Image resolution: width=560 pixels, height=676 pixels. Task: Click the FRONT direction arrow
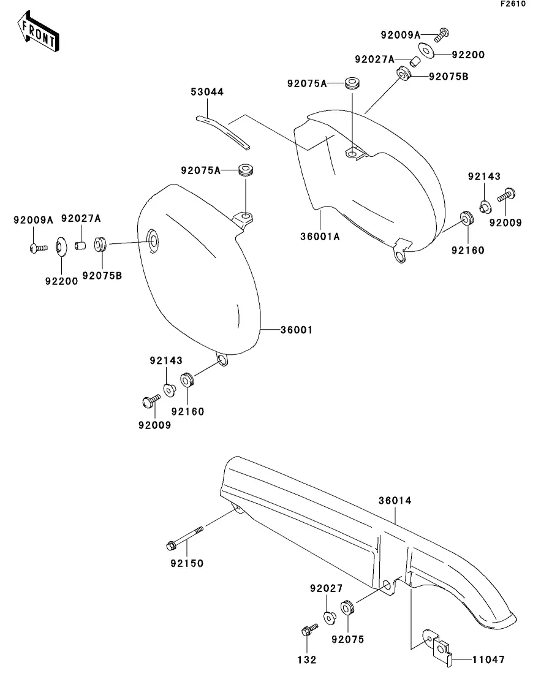click(x=39, y=31)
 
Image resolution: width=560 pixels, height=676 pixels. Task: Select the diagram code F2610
click(x=513, y=4)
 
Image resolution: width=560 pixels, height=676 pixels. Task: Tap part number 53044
click(x=207, y=92)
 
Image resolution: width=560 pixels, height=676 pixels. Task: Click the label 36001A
click(x=320, y=237)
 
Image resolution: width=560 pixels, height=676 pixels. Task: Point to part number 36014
click(x=395, y=501)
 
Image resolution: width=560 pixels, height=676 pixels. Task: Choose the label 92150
click(x=187, y=563)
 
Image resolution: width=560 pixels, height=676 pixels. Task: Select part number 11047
click(x=488, y=659)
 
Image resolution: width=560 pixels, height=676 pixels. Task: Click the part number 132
click(x=306, y=659)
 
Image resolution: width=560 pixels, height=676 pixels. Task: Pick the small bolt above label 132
click(x=309, y=630)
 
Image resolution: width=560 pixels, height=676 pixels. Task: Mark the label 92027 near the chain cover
click(x=326, y=588)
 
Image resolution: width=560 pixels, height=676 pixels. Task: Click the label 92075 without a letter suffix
click(x=347, y=639)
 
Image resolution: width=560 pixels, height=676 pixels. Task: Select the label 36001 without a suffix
click(x=296, y=330)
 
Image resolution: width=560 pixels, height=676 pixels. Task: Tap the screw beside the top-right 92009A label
click(x=442, y=35)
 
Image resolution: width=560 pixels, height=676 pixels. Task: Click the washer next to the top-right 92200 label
click(x=426, y=51)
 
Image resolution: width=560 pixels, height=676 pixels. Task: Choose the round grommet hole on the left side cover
click(x=153, y=241)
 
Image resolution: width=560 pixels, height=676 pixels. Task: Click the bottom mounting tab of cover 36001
click(x=222, y=359)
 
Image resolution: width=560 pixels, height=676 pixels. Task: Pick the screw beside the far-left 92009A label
click(x=39, y=248)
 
